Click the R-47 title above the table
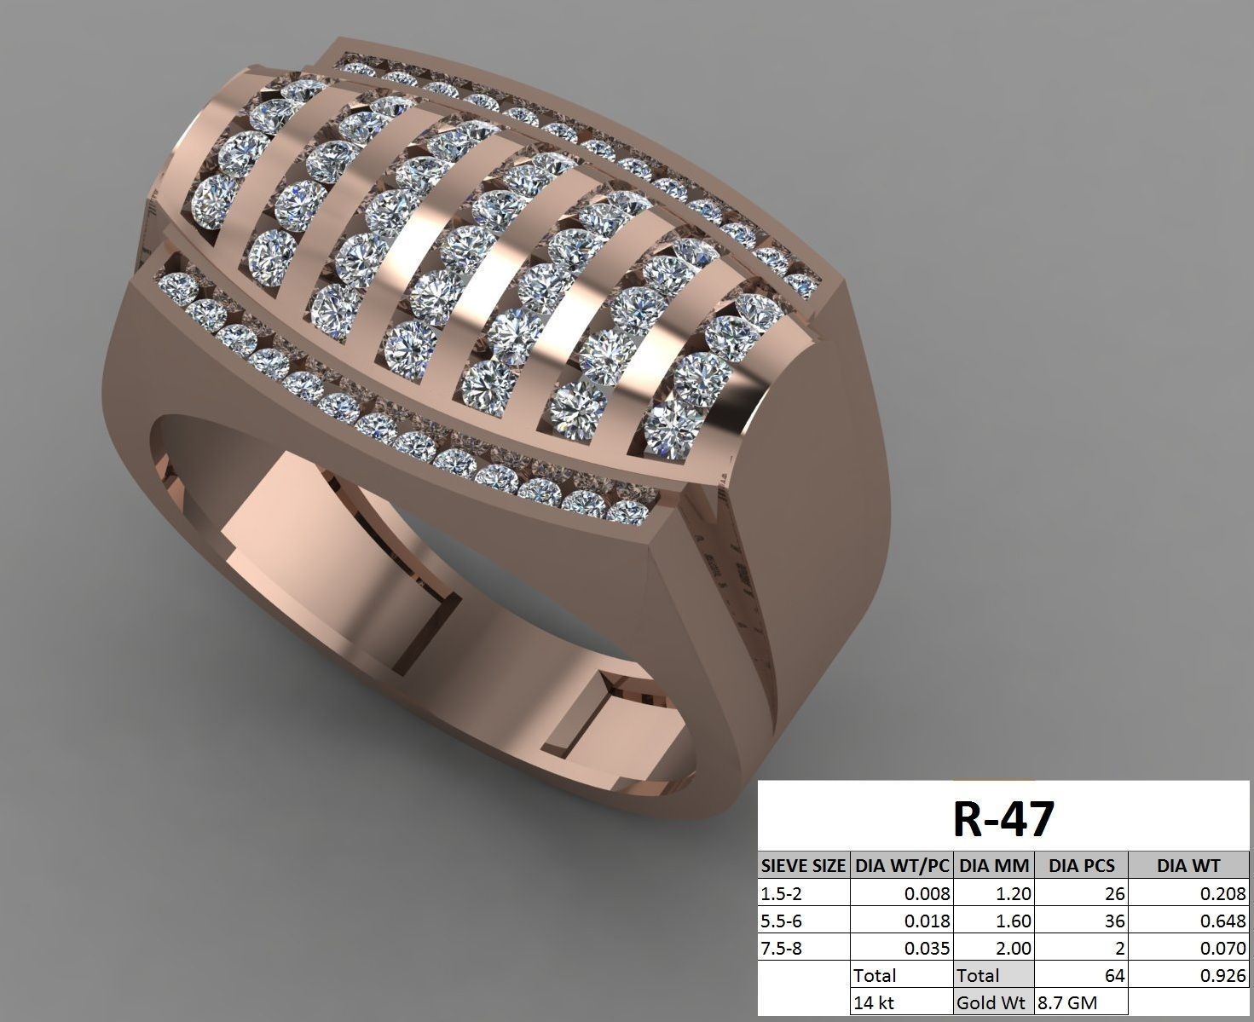(1003, 819)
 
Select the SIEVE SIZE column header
(803, 866)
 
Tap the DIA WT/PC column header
(902, 866)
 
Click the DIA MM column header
(994, 866)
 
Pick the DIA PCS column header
(1081, 866)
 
